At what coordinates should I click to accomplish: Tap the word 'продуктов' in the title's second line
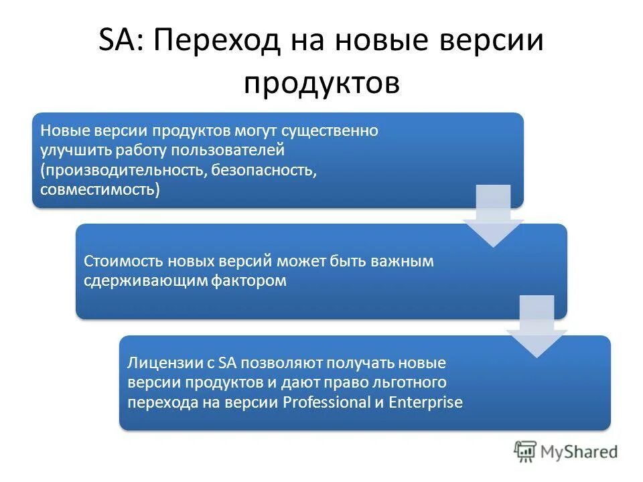pyautogui.click(x=321, y=83)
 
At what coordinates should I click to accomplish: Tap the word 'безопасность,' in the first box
pyautogui.click(x=264, y=169)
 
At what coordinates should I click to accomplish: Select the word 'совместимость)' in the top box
pyautogui.click(x=100, y=189)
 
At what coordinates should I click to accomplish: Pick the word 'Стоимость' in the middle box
pyautogui.click(x=124, y=261)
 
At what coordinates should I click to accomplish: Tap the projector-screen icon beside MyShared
pyautogui.click(x=526, y=451)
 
